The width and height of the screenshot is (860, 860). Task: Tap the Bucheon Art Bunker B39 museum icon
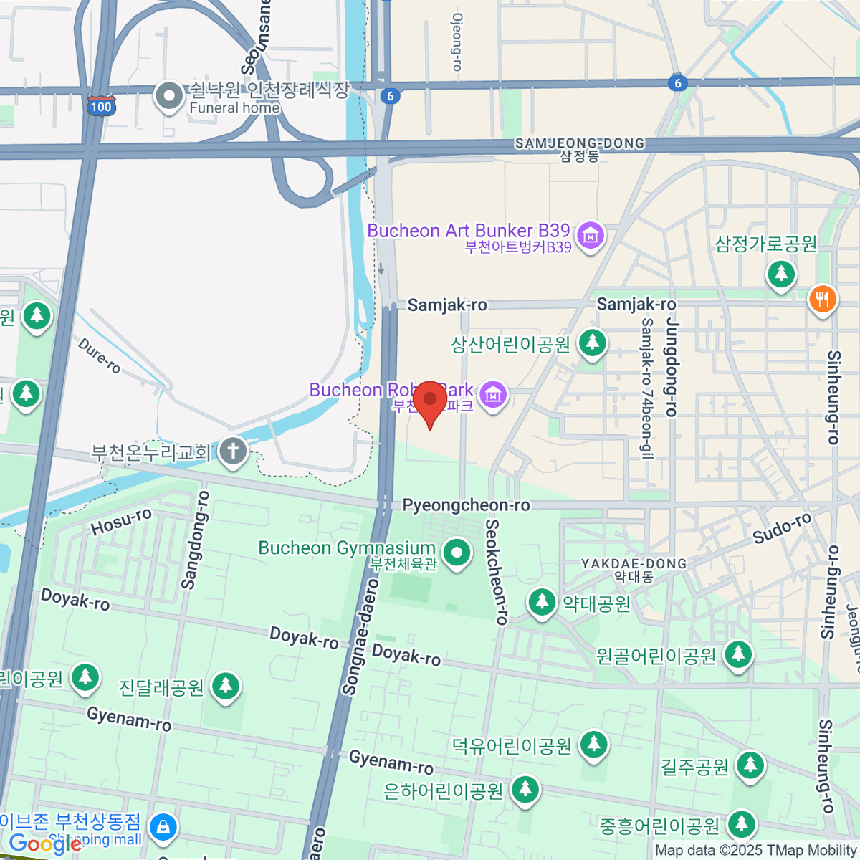tap(591, 234)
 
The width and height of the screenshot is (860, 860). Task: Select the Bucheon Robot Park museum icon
tap(493, 394)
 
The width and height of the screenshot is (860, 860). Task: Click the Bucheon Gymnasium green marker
tap(457, 553)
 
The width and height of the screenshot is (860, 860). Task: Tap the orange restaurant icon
tap(822, 299)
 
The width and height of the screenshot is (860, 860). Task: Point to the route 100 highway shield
tap(101, 107)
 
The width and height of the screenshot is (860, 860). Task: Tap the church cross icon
tap(233, 451)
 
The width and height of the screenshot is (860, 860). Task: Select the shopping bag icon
tap(163, 827)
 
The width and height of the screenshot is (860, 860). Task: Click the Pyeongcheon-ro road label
tap(466, 505)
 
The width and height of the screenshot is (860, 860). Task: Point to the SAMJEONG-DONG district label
tap(579, 144)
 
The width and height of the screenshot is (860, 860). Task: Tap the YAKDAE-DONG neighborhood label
tap(634, 564)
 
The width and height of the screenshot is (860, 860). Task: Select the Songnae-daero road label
tap(361, 645)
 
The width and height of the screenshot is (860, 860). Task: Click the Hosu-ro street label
tap(121, 521)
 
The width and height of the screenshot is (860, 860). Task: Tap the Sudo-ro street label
tap(782, 528)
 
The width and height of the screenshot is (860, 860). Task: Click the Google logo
tap(44, 844)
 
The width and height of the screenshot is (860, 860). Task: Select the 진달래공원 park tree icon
tap(226, 686)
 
